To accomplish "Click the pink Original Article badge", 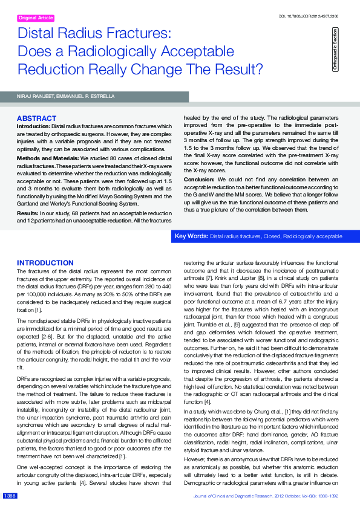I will click(36, 18).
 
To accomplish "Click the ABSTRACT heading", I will click(37, 118).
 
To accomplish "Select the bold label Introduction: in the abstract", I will click(34, 125).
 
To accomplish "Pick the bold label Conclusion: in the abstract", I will click(199, 180).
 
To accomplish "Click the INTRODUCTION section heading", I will click(45, 263).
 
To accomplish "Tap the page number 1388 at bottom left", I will click(10, 496).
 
